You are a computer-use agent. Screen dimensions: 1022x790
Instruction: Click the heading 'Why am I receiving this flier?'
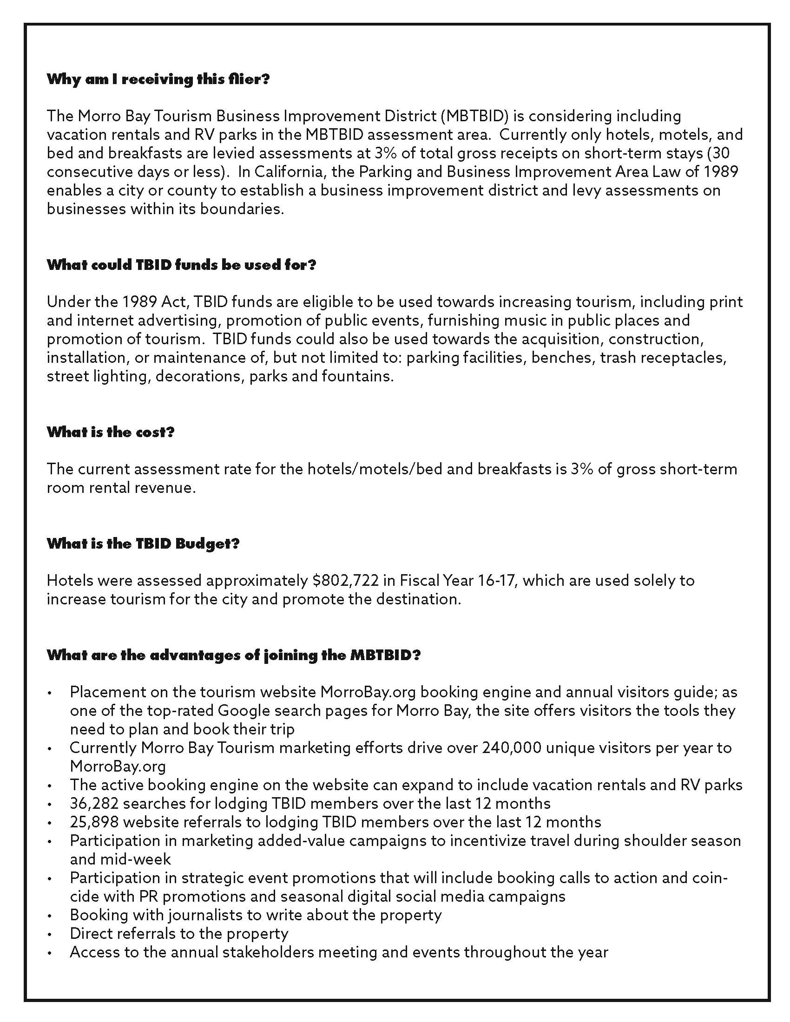click(158, 79)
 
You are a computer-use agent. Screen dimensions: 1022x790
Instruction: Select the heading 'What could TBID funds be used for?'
click(182, 265)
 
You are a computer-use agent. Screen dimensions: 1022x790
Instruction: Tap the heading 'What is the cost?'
click(111, 432)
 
